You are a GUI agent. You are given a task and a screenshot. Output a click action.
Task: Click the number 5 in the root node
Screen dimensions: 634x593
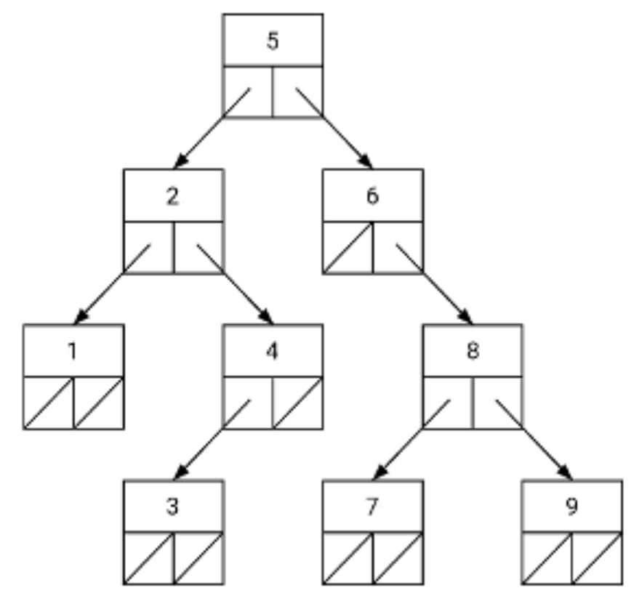point(272,41)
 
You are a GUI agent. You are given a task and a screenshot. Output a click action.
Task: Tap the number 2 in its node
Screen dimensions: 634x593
point(172,196)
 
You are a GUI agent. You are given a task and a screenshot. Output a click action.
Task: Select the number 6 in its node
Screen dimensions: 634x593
point(372,196)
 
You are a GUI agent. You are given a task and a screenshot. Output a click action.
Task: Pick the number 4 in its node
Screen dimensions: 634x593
point(272,351)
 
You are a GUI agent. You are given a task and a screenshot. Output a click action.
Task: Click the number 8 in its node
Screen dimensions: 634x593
point(472,351)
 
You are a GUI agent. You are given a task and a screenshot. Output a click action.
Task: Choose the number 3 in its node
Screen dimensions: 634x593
point(172,507)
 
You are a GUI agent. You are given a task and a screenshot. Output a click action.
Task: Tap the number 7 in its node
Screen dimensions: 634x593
point(372,507)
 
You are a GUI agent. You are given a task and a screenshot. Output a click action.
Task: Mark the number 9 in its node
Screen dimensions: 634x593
point(571,507)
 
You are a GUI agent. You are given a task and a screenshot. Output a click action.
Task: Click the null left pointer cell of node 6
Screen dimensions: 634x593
point(348,248)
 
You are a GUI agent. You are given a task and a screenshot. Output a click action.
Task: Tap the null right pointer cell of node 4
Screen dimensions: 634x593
point(297,403)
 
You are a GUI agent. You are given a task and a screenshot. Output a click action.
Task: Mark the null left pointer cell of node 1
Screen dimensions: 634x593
point(48,403)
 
